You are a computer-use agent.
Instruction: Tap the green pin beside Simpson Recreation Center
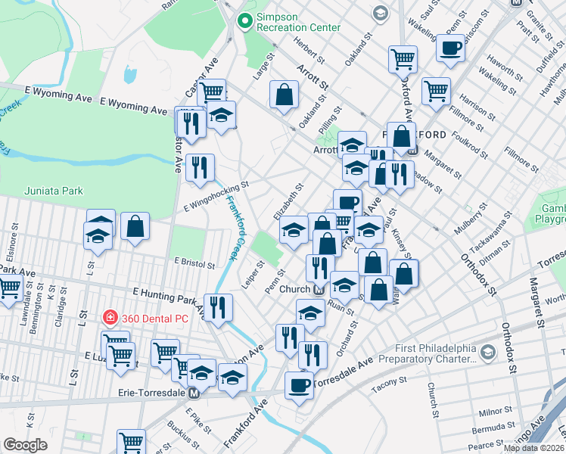(244, 22)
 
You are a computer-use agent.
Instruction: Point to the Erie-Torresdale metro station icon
(194, 393)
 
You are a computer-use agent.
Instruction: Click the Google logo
(26, 445)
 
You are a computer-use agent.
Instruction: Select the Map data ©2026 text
(533, 448)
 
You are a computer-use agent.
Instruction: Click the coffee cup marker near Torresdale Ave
(299, 385)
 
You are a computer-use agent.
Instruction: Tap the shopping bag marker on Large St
(284, 95)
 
